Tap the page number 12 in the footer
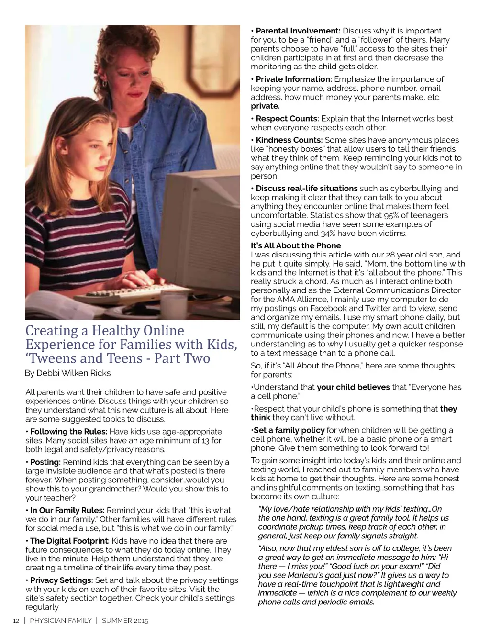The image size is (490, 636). tap(16, 621)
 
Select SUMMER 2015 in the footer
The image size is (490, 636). tap(125, 621)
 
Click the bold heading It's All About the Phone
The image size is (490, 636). tap(296, 245)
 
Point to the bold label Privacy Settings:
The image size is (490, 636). tap(61, 580)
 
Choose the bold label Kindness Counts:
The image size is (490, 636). tap(289, 140)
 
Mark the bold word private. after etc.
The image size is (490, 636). tap(265, 106)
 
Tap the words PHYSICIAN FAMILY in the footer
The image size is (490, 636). tap(60, 621)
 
